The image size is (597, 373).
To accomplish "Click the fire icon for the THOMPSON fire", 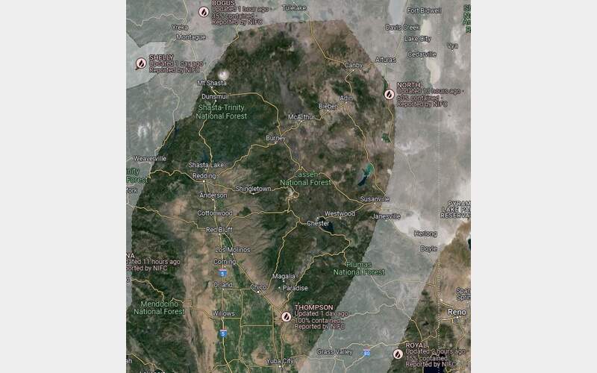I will (x=286, y=316).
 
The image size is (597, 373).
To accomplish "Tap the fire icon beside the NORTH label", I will (x=389, y=95).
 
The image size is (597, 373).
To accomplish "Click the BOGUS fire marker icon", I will (x=203, y=11).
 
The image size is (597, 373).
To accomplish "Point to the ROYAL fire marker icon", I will (x=396, y=354).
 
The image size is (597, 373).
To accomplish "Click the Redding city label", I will (x=204, y=176).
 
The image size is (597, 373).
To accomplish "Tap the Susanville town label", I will (x=375, y=199).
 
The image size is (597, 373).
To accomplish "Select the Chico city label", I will (x=258, y=286).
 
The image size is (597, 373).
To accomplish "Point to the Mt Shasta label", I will (x=211, y=83).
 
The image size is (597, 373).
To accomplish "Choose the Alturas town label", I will (x=385, y=59).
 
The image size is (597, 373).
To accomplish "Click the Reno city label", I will (x=455, y=310).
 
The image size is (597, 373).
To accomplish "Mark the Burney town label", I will (x=276, y=138).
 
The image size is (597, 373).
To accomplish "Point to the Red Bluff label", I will (x=219, y=230).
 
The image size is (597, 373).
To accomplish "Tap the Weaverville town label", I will (x=149, y=158).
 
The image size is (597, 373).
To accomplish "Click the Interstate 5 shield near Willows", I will (x=222, y=333).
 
